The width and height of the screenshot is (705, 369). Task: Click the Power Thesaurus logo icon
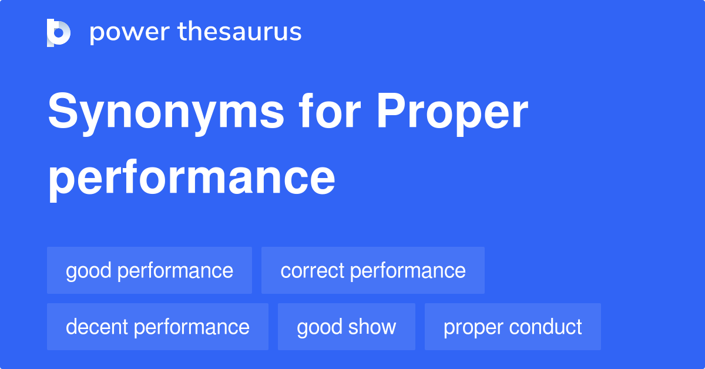pyautogui.click(x=59, y=32)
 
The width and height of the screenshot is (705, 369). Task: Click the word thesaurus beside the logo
pyautogui.click(x=240, y=32)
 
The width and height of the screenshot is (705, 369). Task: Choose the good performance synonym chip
pyautogui.click(x=149, y=270)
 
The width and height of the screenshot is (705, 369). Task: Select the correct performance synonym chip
pyautogui.click(x=372, y=270)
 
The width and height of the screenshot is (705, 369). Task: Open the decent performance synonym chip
pyautogui.click(x=157, y=327)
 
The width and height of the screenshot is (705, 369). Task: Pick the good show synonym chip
pyautogui.click(x=346, y=327)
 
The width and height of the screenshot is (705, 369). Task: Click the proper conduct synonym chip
pyautogui.click(x=512, y=327)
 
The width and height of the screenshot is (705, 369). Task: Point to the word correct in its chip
pyautogui.click(x=312, y=270)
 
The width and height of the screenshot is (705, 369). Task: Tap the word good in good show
pyautogui.click(x=320, y=327)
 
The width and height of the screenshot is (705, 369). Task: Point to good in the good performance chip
pyautogui.click(x=89, y=270)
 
